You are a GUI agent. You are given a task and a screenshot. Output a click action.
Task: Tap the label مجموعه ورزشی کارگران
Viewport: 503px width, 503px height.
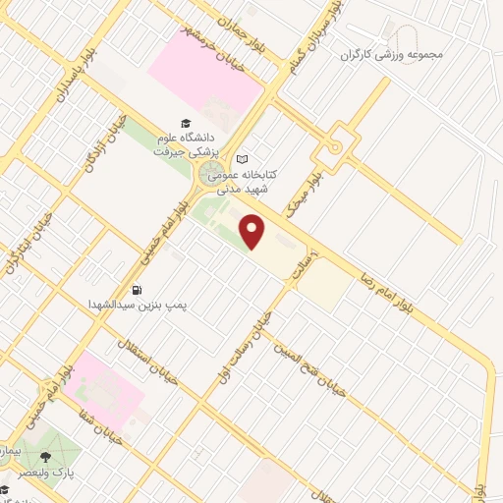click(392, 53)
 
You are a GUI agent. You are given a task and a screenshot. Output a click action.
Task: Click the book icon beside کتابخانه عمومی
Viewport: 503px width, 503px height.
click(243, 159)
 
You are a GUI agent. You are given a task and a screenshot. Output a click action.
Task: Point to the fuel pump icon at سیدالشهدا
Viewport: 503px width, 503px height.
click(137, 290)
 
